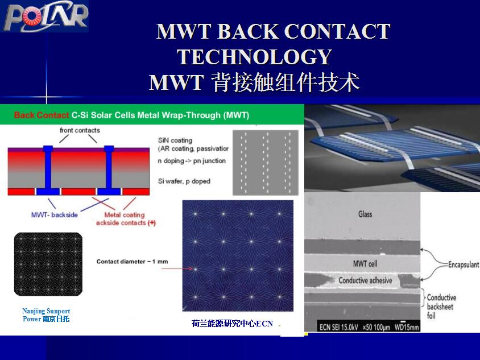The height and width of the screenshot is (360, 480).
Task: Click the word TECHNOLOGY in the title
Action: (x=255, y=57)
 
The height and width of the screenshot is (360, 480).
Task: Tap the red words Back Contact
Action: (x=42, y=115)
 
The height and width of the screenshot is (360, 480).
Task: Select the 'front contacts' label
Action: (x=80, y=130)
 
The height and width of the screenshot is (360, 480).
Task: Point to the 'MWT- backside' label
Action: (x=55, y=215)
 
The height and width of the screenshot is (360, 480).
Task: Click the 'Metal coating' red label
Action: (x=125, y=215)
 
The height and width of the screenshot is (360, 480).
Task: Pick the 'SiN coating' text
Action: (x=175, y=140)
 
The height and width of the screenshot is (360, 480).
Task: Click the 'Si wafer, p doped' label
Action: (x=184, y=181)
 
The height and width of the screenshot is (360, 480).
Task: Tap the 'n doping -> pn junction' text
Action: (x=192, y=161)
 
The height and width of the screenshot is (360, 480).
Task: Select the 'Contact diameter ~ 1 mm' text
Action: (x=133, y=262)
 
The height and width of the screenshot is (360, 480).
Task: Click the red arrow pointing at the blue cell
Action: (x=177, y=269)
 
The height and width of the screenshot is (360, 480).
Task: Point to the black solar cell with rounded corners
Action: (x=48, y=264)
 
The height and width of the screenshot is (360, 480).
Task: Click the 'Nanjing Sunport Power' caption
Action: (x=46, y=315)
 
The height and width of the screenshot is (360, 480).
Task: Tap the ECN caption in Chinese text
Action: (x=232, y=324)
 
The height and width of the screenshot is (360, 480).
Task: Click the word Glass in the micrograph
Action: (x=365, y=214)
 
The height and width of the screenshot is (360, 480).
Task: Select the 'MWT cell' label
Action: (x=365, y=263)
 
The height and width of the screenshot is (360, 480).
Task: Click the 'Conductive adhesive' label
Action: (x=365, y=280)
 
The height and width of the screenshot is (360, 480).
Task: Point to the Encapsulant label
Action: (x=464, y=264)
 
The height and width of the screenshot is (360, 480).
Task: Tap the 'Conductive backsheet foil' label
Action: (x=441, y=307)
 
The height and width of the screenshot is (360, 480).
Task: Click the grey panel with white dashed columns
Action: (x=266, y=163)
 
